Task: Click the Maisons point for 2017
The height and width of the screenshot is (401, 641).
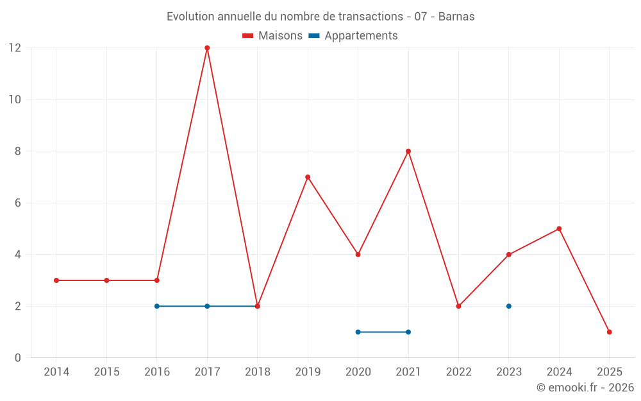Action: click(207, 48)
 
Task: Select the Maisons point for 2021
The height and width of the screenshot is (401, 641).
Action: click(408, 151)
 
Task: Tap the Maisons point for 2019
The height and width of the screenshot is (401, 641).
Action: click(308, 177)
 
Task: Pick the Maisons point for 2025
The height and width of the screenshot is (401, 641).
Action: click(610, 332)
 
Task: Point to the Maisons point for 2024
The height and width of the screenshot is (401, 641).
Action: click(559, 228)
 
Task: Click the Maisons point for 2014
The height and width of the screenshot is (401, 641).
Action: click(56, 280)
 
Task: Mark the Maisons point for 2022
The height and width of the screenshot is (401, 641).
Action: click(458, 306)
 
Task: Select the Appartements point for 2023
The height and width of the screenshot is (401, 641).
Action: click(509, 306)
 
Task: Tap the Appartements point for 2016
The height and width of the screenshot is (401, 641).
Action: click(157, 306)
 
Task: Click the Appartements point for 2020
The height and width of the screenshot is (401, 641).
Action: click(358, 332)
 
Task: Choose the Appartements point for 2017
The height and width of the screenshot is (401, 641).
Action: click(207, 306)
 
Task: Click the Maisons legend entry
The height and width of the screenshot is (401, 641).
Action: click(272, 36)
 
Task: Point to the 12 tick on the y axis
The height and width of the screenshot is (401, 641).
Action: click(14, 48)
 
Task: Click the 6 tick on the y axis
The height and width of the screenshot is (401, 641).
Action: click(17, 203)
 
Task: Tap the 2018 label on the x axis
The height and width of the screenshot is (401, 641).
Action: click(257, 372)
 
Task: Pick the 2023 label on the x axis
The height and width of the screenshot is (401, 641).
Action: click(509, 372)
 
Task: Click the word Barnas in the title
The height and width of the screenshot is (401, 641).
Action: click(456, 17)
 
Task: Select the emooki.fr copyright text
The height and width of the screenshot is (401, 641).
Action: click(585, 388)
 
